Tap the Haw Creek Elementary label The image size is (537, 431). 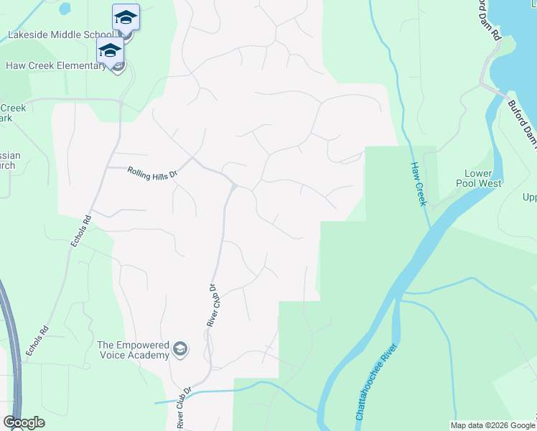tap(56, 66)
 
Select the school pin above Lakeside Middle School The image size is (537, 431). tap(126, 17)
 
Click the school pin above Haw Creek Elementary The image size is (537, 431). tap(110, 50)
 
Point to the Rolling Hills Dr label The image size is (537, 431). tap(152, 172)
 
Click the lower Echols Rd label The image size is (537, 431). tap(37, 340)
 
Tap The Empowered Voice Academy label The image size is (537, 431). tap(134, 349)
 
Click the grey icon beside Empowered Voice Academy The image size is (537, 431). tap(182, 350)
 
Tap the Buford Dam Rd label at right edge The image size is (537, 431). tap(522, 119)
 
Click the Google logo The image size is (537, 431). tap(24, 422)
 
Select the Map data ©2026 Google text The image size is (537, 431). tap(492, 425)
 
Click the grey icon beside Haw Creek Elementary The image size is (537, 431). tap(118, 66)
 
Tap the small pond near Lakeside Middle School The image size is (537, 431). tap(65, 9)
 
